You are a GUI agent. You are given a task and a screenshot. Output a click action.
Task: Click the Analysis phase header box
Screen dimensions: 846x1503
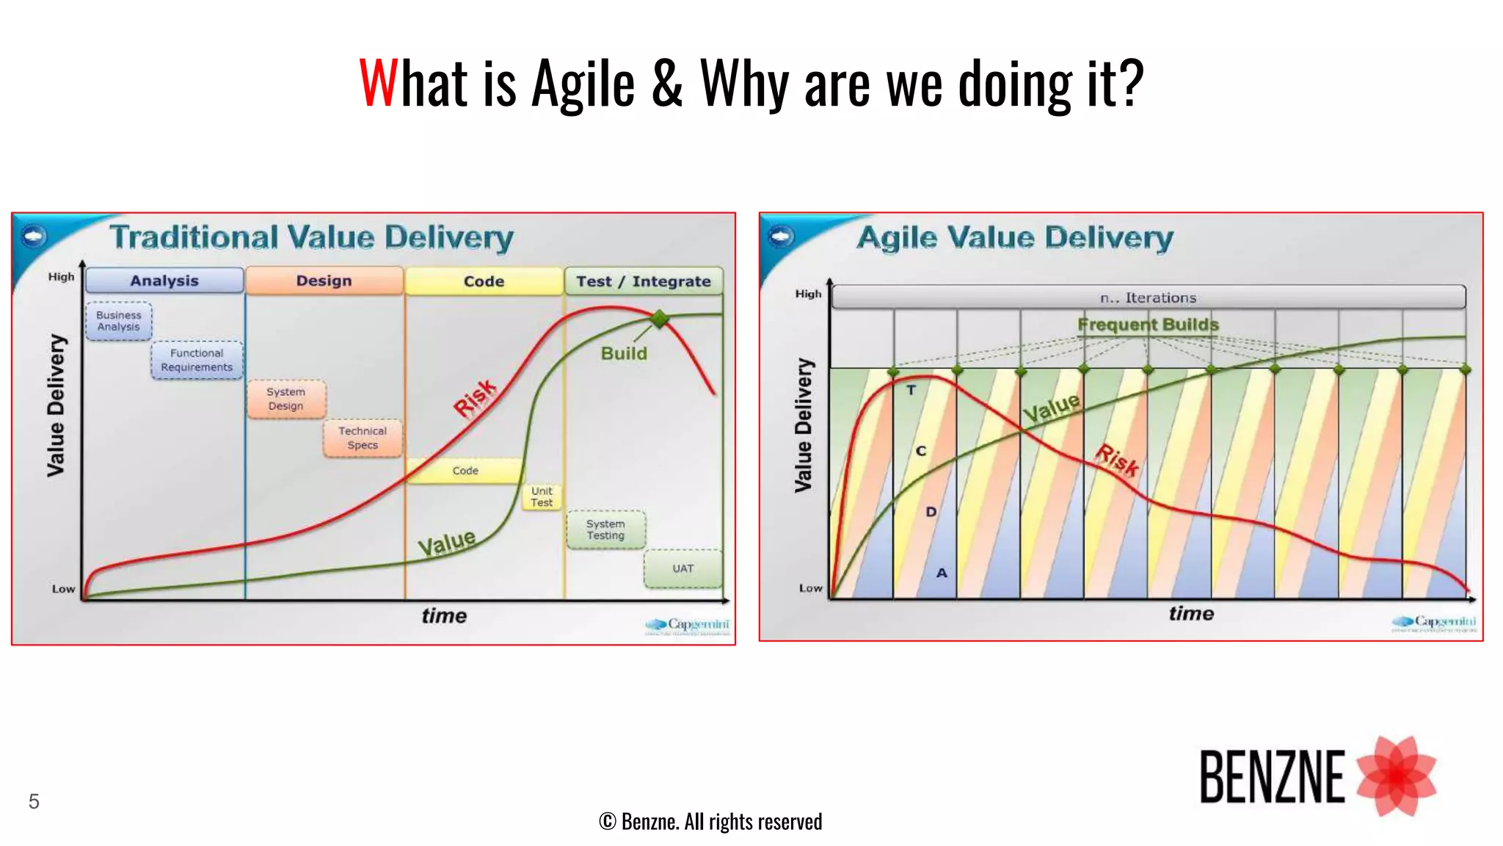point(164,281)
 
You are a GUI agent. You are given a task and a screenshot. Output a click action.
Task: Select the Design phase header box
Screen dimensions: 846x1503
point(324,281)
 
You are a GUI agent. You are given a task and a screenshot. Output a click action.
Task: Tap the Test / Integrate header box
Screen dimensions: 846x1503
point(643,281)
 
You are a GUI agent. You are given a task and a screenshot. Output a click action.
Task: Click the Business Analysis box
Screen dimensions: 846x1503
point(118,321)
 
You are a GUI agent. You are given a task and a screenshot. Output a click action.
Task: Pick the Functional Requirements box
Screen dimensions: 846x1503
point(197,360)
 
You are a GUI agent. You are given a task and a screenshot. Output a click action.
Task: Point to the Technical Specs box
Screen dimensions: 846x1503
point(363,438)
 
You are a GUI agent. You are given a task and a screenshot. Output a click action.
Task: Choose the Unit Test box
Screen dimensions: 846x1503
point(542,497)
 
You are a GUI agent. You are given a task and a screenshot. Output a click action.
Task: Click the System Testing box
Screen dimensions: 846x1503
point(605,529)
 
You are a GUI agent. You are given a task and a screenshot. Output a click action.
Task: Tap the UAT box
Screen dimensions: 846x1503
point(683,568)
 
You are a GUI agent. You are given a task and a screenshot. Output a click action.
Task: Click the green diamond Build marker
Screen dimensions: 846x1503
point(660,319)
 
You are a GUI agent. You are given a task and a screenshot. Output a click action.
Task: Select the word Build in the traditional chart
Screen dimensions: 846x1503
point(624,353)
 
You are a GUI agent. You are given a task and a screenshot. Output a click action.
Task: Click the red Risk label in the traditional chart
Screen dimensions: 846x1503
point(476,398)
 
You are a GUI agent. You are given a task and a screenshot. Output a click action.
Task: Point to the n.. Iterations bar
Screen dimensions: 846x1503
point(1148,297)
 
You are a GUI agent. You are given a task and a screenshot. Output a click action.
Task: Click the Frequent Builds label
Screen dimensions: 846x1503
point(1148,325)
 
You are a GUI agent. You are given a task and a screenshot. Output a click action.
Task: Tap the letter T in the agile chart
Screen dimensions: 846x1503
point(911,390)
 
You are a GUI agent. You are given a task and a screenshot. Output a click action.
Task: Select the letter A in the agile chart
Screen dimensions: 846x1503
point(942,573)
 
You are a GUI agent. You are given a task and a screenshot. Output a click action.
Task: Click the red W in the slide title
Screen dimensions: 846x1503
point(377,83)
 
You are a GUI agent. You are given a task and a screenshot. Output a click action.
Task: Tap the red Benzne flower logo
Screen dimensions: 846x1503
point(1396,776)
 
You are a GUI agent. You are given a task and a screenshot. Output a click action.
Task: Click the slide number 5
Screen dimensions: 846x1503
point(34,801)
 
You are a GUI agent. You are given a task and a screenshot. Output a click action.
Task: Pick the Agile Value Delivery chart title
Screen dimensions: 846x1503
point(1015,238)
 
